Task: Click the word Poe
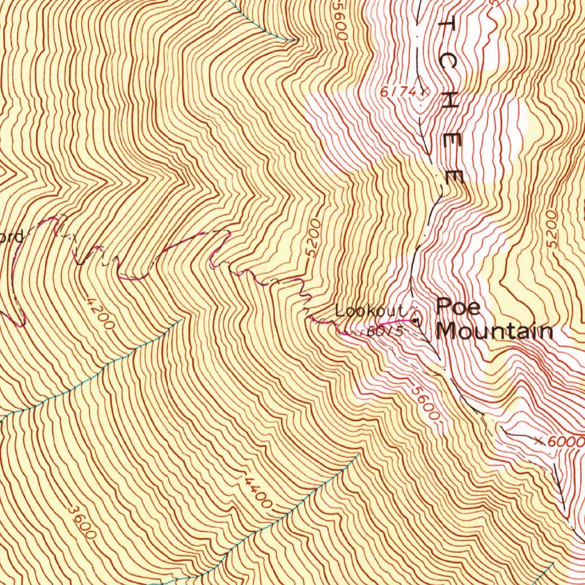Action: click(458, 307)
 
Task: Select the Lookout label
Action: click(369, 311)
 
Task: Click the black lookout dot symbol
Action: click(415, 321)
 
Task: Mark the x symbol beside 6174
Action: click(423, 90)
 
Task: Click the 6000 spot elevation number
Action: click(566, 442)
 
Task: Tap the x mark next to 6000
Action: click(540, 440)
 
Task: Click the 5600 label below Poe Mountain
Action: click(426, 404)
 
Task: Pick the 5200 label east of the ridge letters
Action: click(550, 228)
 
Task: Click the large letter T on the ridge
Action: click(447, 26)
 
